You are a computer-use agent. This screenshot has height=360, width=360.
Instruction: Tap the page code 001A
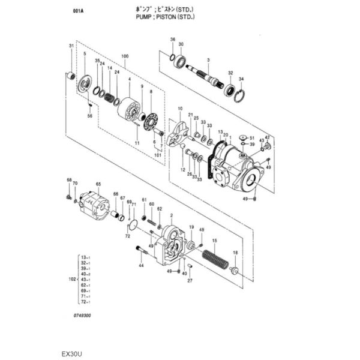tap(77, 11)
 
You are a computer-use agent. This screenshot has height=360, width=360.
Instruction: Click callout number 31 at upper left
tap(71, 46)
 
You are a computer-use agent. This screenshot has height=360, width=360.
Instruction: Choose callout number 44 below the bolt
tap(142, 265)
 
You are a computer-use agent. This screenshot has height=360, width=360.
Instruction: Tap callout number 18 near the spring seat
tap(235, 253)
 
